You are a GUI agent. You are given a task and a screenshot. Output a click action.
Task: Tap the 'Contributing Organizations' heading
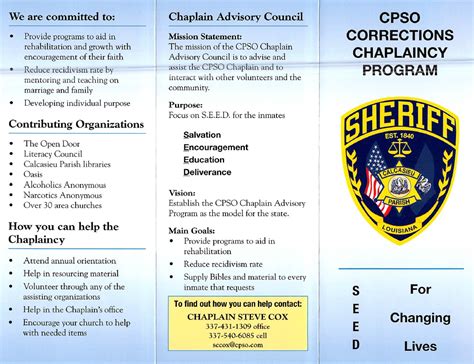click(x=76, y=124)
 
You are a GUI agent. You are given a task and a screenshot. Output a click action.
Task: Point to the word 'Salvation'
click(x=203, y=133)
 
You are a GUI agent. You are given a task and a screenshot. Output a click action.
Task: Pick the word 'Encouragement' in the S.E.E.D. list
click(x=216, y=146)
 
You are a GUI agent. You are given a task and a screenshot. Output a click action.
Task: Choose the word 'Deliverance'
click(x=208, y=171)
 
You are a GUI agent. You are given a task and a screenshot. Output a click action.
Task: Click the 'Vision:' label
click(x=182, y=192)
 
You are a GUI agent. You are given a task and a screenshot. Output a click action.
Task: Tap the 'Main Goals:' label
click(x=192, y=230)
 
